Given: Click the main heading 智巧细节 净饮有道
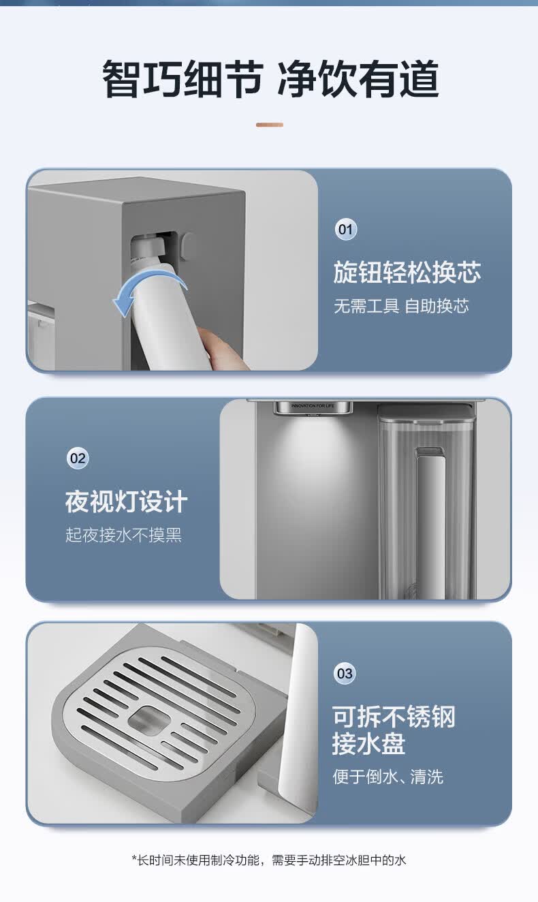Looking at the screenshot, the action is pos(270,78).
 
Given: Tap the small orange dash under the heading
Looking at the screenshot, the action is pos(270,125).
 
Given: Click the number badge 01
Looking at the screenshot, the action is pos(346,230).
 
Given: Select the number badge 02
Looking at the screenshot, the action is pos(78,458).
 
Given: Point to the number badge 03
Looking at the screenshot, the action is pos(345,673).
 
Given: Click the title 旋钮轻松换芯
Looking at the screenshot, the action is pos(407,273).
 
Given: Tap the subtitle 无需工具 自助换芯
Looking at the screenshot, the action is pos(401,306).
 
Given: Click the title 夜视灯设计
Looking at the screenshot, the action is pos(127,501).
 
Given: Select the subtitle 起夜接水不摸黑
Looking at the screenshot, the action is pos(123,535).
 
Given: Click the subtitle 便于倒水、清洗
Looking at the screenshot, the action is pos(388,777).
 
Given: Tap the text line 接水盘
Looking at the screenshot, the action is pos(368,743).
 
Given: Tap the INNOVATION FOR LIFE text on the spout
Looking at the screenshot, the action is pos(313,406).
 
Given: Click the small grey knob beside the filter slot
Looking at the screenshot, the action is pos(187,246).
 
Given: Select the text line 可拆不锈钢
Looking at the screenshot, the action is pos(394,717).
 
